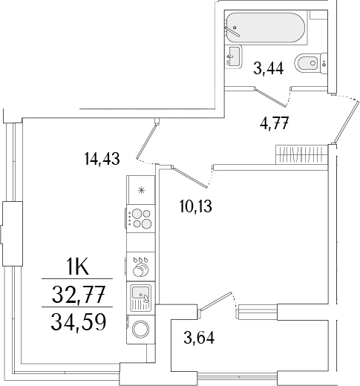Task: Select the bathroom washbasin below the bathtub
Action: click(233, 54)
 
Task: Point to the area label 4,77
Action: click(274, 123)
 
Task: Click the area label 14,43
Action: click(103, 157)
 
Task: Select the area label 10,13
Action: click(194, 207)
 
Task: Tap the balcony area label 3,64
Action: click(200, 342)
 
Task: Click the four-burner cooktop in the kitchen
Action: click(141, 220)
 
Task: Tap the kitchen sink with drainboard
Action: click(141, 298)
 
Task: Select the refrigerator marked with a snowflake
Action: click(141, 189)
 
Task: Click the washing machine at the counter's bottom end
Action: click(141, 329)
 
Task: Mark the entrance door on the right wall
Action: click(343, 120)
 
